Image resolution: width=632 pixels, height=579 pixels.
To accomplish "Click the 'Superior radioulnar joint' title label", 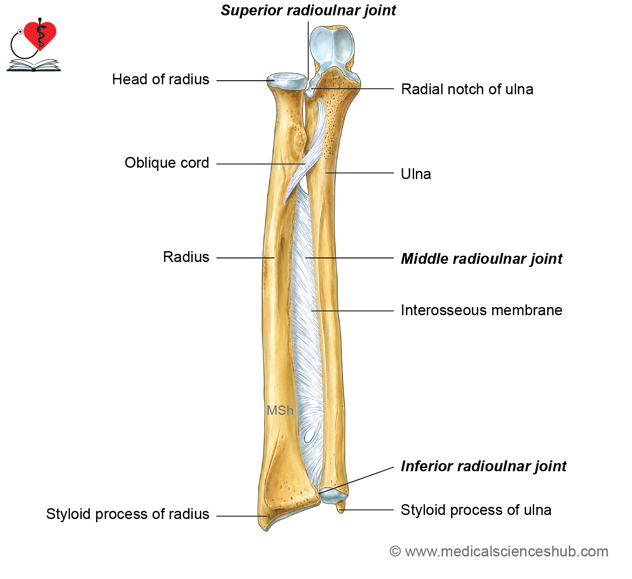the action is point(308,10).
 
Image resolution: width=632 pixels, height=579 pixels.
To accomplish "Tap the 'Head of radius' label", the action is point(161,79).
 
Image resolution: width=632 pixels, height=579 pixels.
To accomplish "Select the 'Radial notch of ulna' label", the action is point(467,89).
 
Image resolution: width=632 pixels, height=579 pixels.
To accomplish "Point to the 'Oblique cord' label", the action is point(166,163).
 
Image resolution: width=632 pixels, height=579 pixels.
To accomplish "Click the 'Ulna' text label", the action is point(416,174).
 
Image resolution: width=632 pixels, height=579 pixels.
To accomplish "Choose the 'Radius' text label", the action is point(186,257).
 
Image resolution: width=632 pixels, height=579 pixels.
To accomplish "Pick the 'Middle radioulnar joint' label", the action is point(481,259).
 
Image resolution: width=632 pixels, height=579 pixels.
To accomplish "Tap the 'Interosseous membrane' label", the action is point(481,310).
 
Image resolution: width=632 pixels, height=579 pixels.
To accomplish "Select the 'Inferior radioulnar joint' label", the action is point(483,467).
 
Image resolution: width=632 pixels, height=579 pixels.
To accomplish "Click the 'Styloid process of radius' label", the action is point(128,514).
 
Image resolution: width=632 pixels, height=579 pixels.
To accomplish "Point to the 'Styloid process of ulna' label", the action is point(476,510).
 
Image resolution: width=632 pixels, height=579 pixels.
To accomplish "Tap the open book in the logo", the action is point(33,65).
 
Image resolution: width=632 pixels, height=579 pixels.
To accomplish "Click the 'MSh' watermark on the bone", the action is point(280,410).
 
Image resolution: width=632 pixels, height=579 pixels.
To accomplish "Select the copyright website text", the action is point(499,551).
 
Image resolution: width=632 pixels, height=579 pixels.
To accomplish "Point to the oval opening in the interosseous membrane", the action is point(309,437).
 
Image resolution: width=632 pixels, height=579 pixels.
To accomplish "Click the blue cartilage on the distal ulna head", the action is point(333,497).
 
